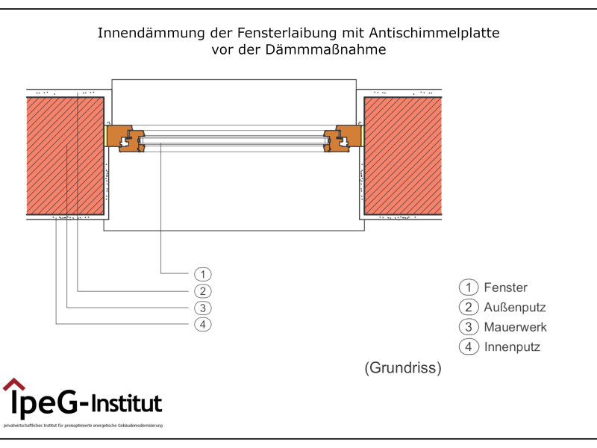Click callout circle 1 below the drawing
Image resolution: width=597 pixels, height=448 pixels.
coord(203,274)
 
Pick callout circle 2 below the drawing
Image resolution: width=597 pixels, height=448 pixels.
coord(203,291)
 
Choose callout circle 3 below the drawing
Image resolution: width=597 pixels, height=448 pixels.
coord(203,308)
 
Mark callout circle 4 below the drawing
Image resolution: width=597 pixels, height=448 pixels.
coord(203,324)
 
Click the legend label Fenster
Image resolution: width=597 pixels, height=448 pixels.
coord(505,287)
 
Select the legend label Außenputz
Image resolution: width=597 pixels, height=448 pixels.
coord(515,307)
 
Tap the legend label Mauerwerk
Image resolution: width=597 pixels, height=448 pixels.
coord(515,327)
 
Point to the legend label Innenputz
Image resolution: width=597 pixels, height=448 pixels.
coord(512,346)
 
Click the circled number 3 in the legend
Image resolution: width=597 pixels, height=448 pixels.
coord(468,327)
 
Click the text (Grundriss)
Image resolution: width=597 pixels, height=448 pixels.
coord(403,368)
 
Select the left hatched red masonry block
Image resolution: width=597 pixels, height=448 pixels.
coord(65,156)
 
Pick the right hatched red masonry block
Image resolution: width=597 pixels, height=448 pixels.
coord(401,156)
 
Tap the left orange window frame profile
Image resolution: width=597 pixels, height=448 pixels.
coord(125,138)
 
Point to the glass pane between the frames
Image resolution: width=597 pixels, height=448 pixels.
coord(234,138)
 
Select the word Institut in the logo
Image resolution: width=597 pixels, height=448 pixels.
coord(126,404)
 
